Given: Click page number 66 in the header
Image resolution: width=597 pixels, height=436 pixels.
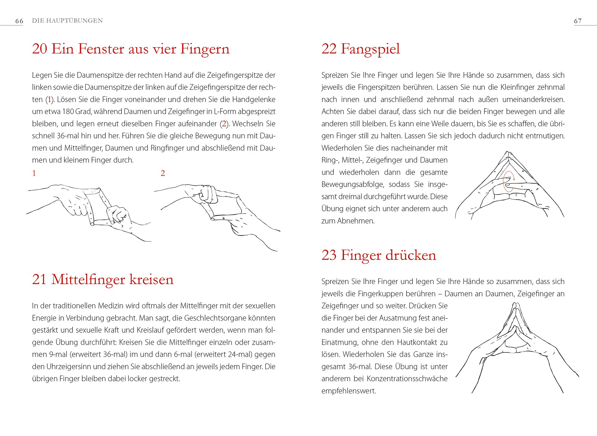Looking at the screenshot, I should coord(19,21).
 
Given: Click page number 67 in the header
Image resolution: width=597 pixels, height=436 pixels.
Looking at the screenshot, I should coord(578,21).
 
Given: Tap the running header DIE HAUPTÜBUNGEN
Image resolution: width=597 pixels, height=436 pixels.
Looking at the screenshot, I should coord(67,21).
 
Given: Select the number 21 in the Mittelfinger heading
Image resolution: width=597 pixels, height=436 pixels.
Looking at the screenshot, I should coord(39,279).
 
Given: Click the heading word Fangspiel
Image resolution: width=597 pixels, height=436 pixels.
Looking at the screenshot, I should coord(370,49).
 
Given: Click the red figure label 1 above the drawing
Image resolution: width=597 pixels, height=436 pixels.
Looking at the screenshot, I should coord(34,173).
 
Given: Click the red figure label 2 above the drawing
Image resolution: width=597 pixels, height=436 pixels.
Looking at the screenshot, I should coord(163,173).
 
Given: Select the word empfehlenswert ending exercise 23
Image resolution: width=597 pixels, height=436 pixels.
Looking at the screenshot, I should coord(348,391).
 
